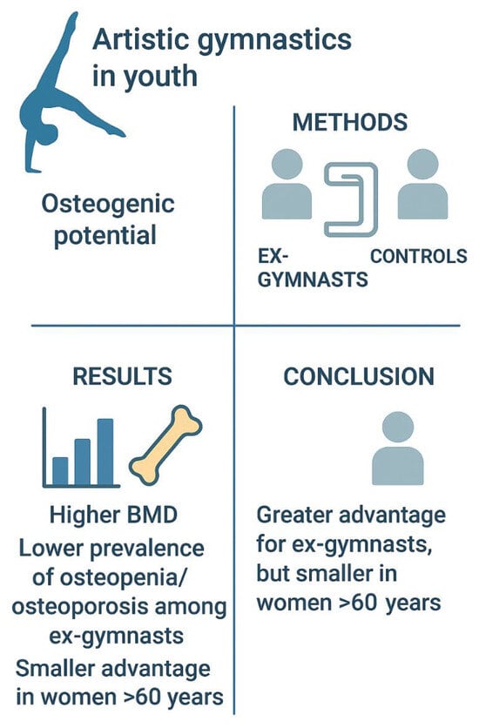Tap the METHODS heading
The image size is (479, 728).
350,122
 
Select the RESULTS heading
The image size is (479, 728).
123,376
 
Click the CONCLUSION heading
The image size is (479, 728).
359,376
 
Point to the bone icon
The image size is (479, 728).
165,446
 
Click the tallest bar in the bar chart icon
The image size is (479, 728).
105,452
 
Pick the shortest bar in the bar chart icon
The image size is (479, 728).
60,471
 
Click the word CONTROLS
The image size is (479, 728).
419,256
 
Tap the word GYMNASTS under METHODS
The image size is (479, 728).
313,280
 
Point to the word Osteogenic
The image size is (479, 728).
108,205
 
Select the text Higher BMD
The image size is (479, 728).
114,515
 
